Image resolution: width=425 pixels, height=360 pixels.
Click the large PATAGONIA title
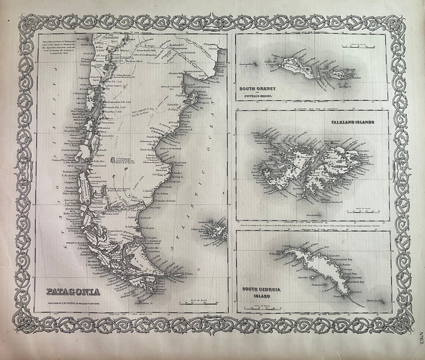[73, 291]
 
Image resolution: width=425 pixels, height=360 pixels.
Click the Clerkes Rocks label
[374, 300]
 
